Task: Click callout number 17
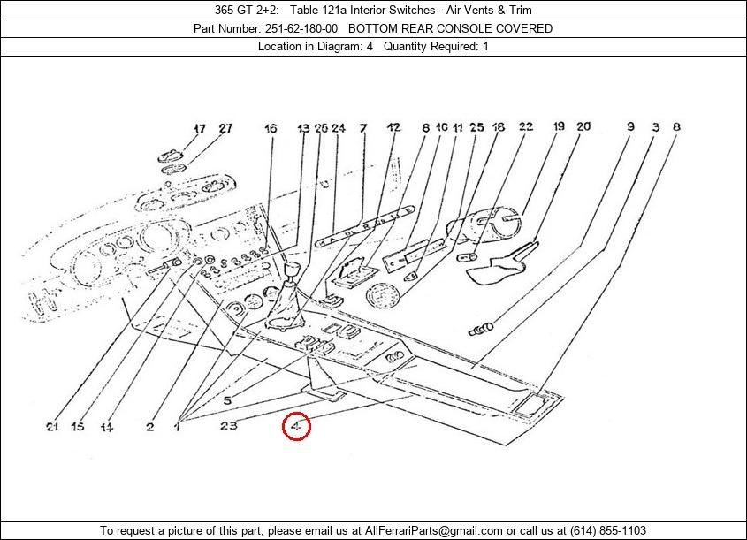tap(200, 128)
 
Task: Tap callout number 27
tap(225, 128)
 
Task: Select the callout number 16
tap(271, 128)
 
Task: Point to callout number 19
tap(559, 126)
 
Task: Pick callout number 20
tap(583, 126)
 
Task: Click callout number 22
tap(526, 126)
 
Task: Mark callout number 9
tap(631, 126)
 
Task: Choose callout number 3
tap(656, 127)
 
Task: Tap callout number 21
tap(52, 427)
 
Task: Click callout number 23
tap(229, 425)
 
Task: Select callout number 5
tap(227, 400)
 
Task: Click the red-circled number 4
tap(296, 426)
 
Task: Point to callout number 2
tap(150, 427)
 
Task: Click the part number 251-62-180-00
tap(301, 28)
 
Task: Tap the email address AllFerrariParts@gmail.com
tap(433, 530)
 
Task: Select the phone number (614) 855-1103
tap(608, 530)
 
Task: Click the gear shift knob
tap(292, 269)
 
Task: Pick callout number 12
tap(394, 127)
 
